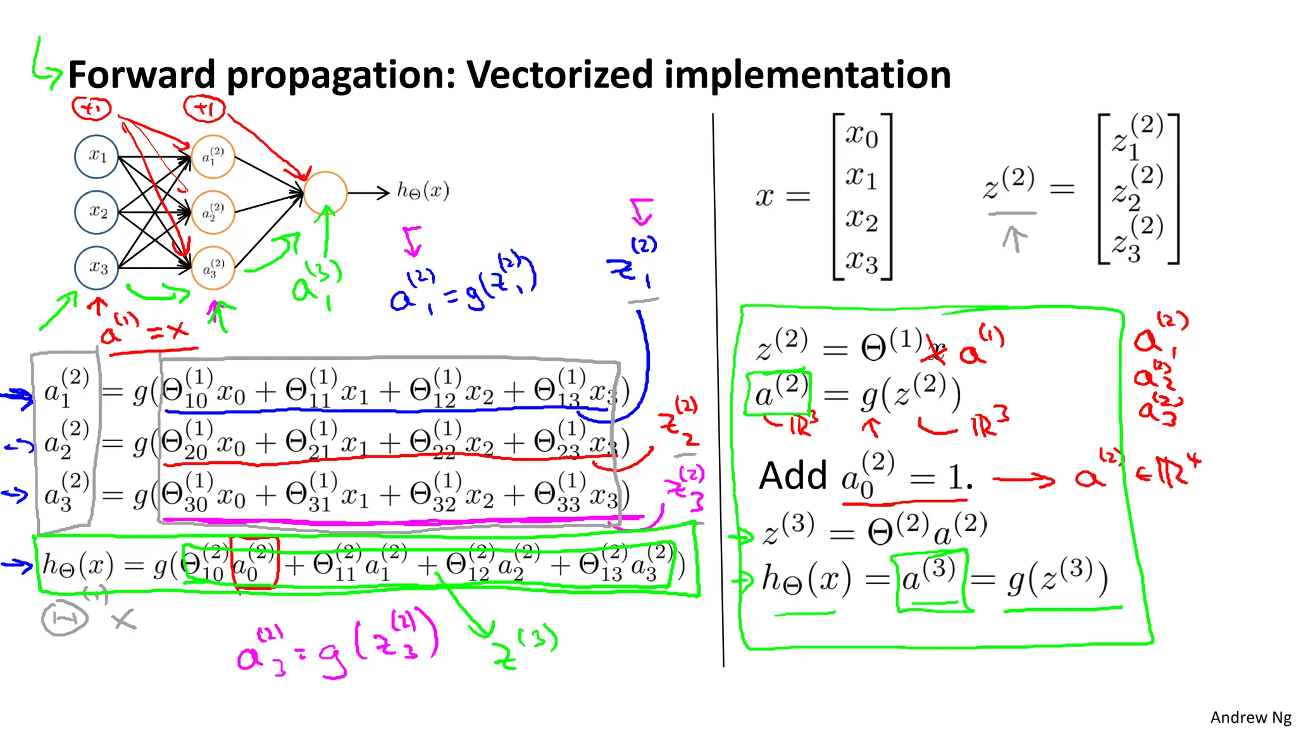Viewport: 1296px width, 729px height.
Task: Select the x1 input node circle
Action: click(97, 156)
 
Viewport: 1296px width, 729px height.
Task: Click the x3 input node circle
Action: click(97, 268)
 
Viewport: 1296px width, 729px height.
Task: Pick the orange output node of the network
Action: click(325, 193)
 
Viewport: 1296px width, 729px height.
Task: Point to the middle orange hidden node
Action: click(213, 212)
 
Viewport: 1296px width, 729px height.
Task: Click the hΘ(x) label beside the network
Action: click(423, 190)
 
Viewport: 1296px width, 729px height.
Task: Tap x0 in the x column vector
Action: click(862, 135)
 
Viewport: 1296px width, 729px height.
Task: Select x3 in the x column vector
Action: click(862, 260)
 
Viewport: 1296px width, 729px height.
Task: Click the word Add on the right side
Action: click(793, 476)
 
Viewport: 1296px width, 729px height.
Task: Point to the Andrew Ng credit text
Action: click(1250, 717)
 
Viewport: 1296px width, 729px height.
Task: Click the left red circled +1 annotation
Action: click(92, 109)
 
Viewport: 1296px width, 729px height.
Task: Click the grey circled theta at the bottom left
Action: click(64, 618)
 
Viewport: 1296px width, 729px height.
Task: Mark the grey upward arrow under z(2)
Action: click(1014, 239)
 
